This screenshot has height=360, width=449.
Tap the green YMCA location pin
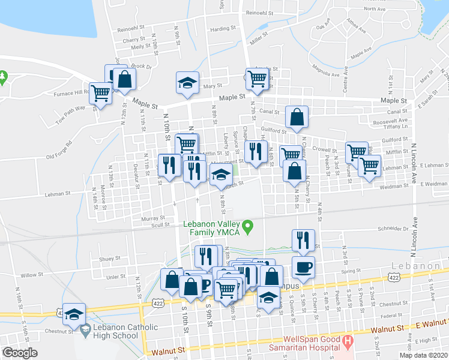pos(252,227)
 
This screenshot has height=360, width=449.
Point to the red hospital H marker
pos(346,343)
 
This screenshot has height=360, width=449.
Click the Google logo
pos(20,353)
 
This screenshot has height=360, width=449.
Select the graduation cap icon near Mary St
pos(187,83)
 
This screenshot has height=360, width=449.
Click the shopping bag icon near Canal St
pos(297,118)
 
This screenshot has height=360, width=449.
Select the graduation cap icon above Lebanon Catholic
pos(74,314)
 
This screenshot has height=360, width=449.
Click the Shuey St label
pos(110,259)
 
